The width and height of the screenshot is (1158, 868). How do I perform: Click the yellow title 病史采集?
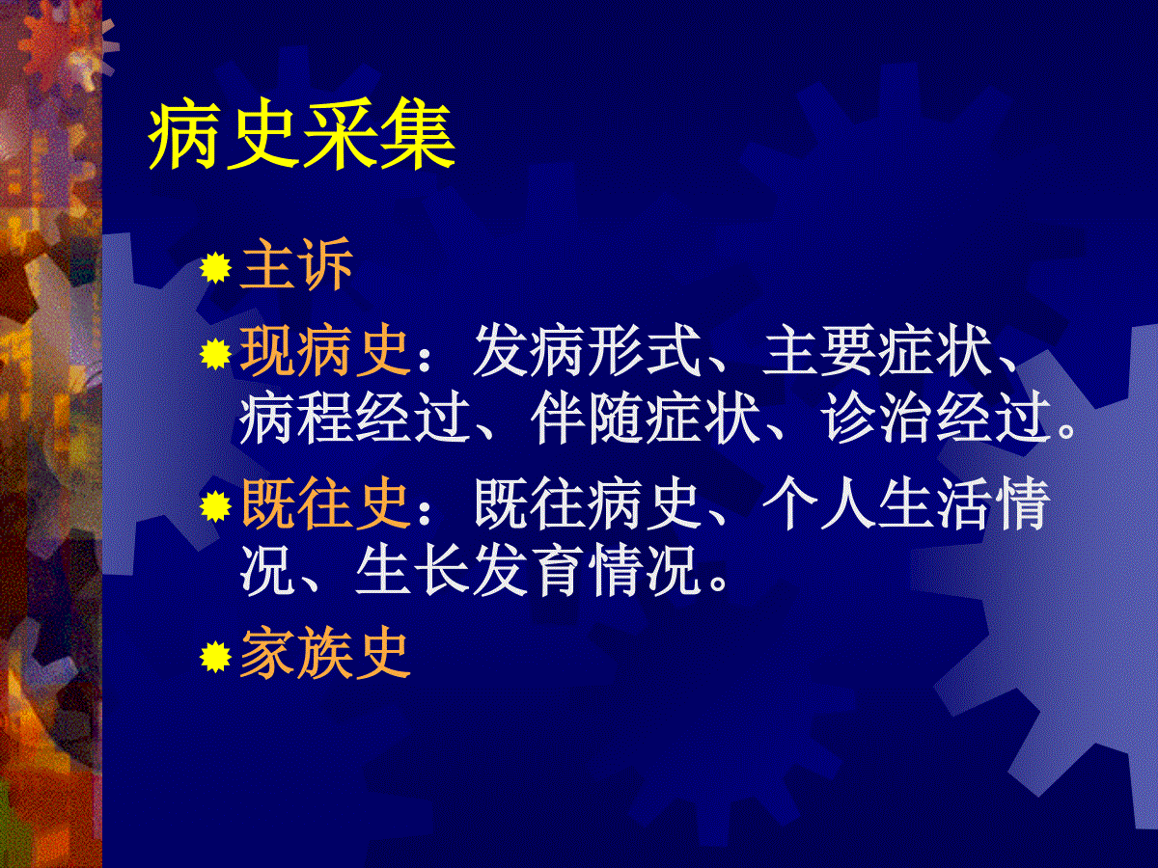click(x=302, y=135)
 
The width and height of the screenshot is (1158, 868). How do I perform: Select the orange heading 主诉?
click(x=296, y=264)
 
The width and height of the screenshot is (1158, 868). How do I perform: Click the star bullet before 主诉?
click(x=216, y=268)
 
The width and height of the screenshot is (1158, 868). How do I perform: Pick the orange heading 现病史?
click(x=325, y=350)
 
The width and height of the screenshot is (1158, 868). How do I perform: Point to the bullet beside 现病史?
click(x=216, y=354)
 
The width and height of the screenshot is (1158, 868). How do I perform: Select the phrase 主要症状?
click(x=877, y=350)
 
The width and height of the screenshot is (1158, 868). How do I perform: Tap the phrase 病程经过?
click(x=354, y=419)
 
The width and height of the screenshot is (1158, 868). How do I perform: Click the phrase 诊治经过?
click(x=935, y=419)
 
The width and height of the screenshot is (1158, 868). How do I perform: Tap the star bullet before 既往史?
click(x=216, y=506)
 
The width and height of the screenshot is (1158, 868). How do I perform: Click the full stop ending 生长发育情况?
click(x=718, y=583)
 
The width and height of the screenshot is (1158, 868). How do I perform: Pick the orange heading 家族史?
click(x=325, y=654)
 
